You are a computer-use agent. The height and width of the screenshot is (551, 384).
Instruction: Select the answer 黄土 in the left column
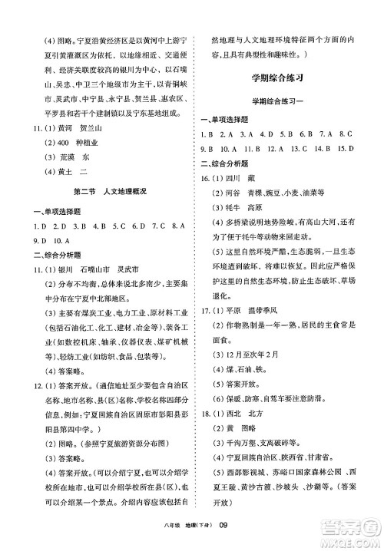click(51, 173)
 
